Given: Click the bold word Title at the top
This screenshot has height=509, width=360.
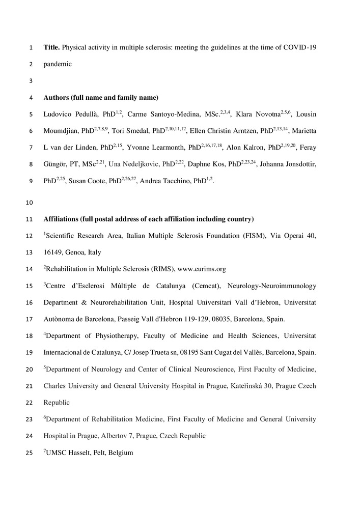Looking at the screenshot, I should (x=51, y=48).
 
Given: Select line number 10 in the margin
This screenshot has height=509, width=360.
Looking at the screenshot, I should (x=29, y=203).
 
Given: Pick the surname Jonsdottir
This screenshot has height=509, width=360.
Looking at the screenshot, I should (x=299, y=165).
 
